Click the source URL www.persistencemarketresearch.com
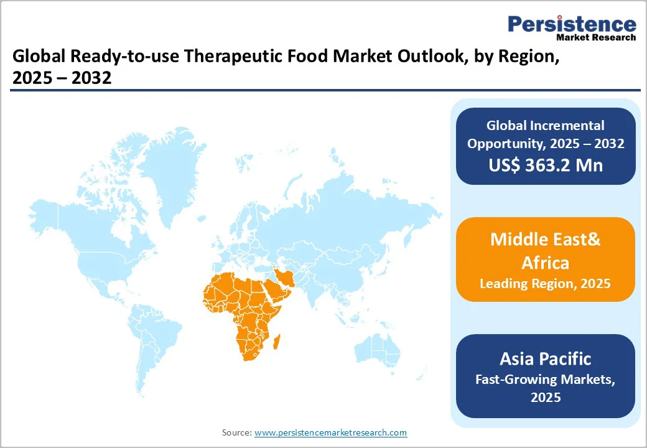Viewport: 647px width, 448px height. pos(330,432)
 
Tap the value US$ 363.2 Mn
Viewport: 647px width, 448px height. pos(545,166)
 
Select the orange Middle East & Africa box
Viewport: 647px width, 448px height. pos(545,259)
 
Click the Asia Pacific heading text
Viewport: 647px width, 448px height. pos(545,358)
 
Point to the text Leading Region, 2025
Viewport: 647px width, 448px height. pos(545,284)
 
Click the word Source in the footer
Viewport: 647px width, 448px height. pos(236,432)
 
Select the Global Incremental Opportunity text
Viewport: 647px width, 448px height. pos(545,134)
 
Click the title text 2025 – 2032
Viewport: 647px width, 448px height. pos(62,78)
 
